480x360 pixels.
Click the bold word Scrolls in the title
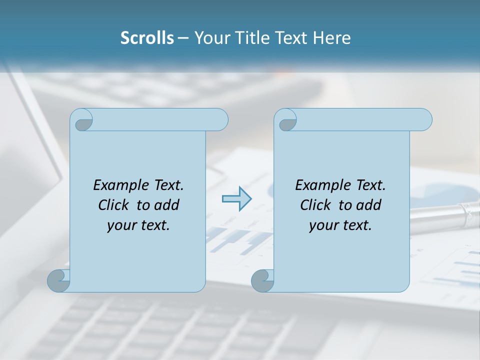click(147, 38)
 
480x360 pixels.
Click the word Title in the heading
click(250, 38)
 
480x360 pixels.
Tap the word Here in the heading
click(332, 38)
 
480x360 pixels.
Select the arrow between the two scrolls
click(236, 198)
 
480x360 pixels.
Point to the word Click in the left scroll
click(115, 205)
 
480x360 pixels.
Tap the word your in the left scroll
click(120, 225)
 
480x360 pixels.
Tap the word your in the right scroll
click(322, 225)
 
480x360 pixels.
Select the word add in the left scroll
click(166, 205)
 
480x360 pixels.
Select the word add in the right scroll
click(368, 205)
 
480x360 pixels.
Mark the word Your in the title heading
click(210, 38)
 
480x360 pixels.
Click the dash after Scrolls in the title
click(183, 38)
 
